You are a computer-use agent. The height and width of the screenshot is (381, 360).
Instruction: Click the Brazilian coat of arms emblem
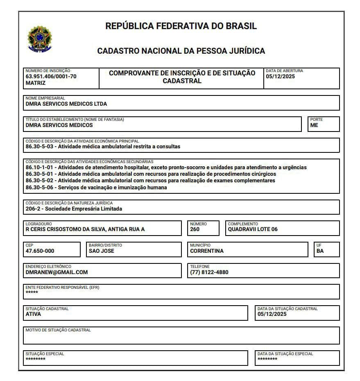point(40,39)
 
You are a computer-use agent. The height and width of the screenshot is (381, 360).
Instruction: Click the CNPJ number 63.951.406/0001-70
point(51,77)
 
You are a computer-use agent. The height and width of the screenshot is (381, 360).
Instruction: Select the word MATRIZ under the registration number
point(36,83)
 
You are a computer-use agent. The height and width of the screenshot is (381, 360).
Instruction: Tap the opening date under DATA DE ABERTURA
point(280,77)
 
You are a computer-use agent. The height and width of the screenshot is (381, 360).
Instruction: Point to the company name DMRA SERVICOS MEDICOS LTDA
point(66,104)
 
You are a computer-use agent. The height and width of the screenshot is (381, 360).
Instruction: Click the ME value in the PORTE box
point(314,125)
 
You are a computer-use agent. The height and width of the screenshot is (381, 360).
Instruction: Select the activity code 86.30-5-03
point(40,147)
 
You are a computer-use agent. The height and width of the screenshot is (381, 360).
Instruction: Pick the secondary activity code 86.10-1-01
point(40,168)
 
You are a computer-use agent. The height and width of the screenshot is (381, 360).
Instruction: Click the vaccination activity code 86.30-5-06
point(40,188)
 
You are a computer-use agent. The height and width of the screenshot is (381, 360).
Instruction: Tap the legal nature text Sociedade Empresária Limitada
point(84,209)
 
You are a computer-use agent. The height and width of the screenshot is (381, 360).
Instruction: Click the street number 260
point(195,229)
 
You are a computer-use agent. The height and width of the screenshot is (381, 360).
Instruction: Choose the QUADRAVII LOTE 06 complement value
point(253,229)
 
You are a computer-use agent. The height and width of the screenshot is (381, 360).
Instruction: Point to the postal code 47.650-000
point(40,251)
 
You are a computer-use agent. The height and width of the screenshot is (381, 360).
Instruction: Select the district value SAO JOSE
point(102,251)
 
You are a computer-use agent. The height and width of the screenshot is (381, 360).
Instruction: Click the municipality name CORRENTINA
point(207,251)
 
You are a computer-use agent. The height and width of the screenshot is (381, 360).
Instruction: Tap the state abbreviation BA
point(320,251)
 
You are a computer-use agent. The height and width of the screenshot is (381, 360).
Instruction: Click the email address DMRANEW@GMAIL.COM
point(57,272)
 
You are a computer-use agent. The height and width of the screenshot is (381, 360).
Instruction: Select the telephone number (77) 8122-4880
point(209,272)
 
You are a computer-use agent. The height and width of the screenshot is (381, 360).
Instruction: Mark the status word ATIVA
point(33,314)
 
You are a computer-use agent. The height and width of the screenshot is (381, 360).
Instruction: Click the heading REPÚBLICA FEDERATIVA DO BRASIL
point(181,26)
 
